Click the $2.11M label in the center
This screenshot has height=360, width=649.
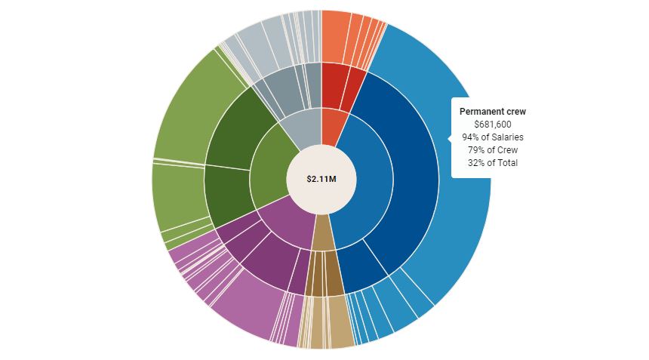[321, 179]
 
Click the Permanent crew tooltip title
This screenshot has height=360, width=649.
[493, 112]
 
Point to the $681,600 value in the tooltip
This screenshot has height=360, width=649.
[493, 125]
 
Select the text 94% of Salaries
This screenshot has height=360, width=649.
[493, 137]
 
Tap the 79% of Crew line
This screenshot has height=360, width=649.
[493, 150]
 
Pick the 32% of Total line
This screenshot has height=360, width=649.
[493, 163]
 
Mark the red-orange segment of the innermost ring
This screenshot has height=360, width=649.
[333, 126]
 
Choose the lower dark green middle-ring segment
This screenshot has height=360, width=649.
[226, 195]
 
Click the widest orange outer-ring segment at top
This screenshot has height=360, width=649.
[335, 36]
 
